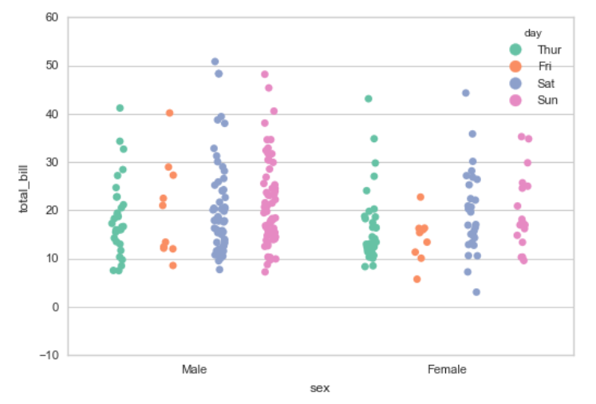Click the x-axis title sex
pos(320,388)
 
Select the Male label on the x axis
pos(195,369)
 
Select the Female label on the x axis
pos(447,369)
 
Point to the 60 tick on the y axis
pos(52,17)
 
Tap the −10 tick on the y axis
pos(48,354)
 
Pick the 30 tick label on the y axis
pos(52,162)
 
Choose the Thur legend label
pos(549,50)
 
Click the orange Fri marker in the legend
pos(516,66)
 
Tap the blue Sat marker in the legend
pos(516,83)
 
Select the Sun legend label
pos(547,100)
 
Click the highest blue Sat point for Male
pos(215,61)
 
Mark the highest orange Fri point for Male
pos(169,113)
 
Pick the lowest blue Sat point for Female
pos(476,292)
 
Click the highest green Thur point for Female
pos(369,99)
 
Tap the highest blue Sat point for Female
pos(466,93)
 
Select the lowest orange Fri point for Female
pos(416,279)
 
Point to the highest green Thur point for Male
pos(120,108)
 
